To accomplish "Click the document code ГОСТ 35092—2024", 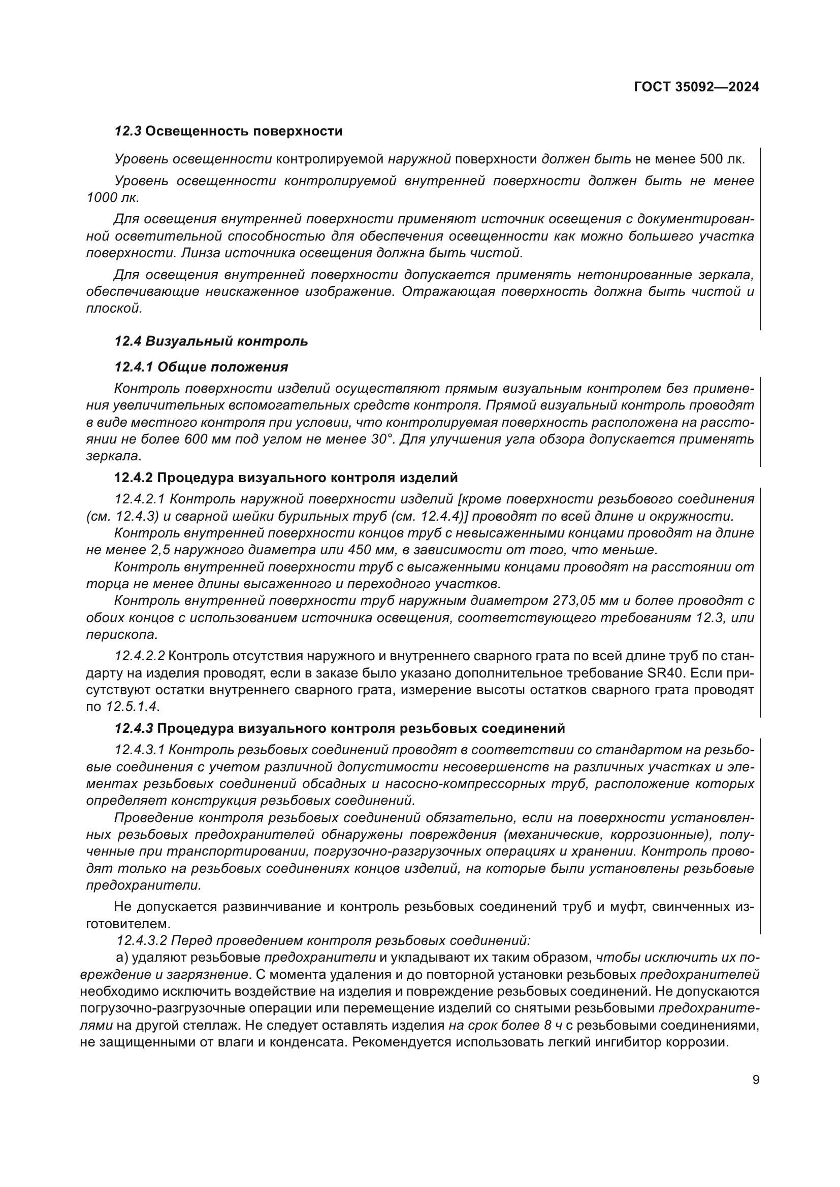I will point(696,87).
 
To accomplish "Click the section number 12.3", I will point(128,131).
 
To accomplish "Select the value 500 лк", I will point(722,159).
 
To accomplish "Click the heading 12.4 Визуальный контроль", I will point(211,341).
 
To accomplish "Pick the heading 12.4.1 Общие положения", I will point(201,367).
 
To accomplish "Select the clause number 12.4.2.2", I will point(140,656).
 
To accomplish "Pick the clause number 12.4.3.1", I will point(140,750).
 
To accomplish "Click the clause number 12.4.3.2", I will point(142,940).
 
